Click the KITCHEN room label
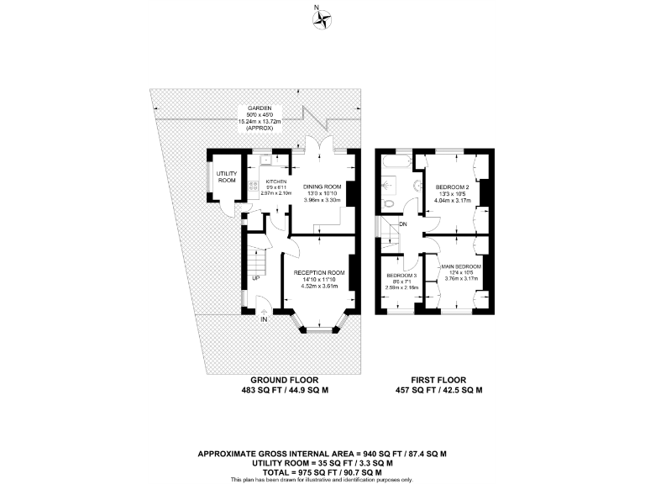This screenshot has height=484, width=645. click(277, 181)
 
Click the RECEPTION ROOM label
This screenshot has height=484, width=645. click(319, 273)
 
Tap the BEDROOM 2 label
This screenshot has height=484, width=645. click(452, 187)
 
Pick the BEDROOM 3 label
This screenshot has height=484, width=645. click(401, 276)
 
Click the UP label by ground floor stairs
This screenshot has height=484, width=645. click(254, 278)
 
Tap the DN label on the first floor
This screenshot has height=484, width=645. click(403, 224)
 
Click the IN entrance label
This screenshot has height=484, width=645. click(263, 320)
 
